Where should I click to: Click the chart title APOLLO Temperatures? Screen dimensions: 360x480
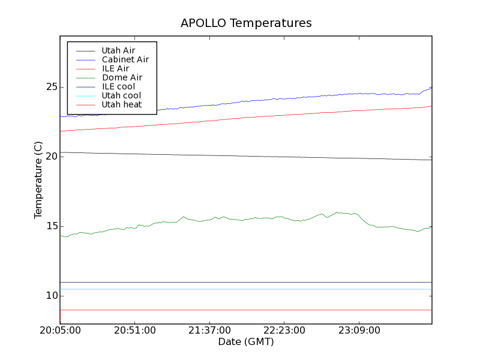click(x=246, y=23)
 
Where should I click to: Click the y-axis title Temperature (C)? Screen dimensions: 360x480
click(x=38, y=180)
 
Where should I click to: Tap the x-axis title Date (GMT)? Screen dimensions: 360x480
click(x=246, y=342)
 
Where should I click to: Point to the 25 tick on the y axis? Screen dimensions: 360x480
click(x=50, y=87)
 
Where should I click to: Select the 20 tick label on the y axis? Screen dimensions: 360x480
click(x=50, y=157)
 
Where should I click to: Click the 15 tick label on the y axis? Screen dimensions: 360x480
click(x=50, y=226)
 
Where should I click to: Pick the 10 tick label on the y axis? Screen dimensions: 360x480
click(x=50, y=296)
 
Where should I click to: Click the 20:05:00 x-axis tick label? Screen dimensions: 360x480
click(x=60, y=331)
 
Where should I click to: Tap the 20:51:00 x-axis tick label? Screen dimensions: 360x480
click(x=134, y=331)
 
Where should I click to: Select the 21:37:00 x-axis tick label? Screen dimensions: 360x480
click(x=209, y=331)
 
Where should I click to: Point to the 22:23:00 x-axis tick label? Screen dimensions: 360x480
click(x=284, y=331)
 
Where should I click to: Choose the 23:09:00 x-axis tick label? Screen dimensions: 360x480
click(x=359, y=331)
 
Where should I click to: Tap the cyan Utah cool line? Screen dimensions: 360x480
click(x=240, y=289)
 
